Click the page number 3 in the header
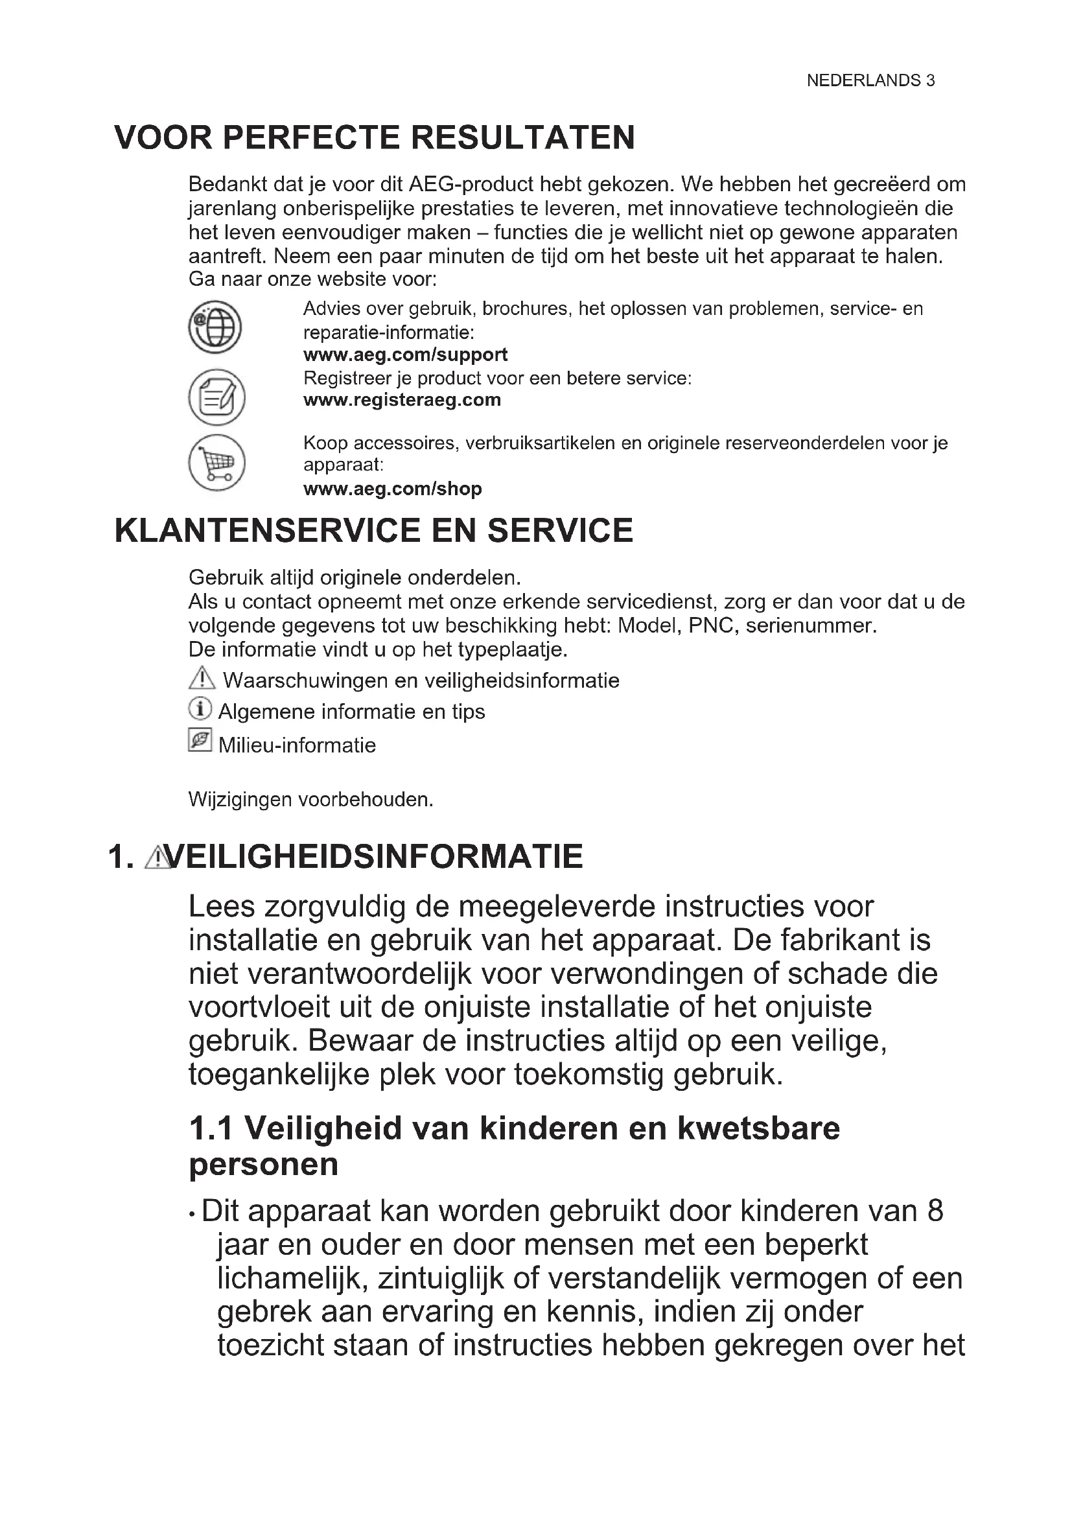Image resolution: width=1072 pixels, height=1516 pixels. tap(930, 80)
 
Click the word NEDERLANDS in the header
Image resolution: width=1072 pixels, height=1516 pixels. tap(863, 80)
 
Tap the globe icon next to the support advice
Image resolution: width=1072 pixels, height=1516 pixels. tap(215, 327)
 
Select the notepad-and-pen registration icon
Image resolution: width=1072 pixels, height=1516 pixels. tap(216, 397)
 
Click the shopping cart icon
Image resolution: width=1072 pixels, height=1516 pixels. tap(216, 462)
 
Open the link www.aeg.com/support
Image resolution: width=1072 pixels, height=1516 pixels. tap(405, 355)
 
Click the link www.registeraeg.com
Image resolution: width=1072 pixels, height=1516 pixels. tap(402, 400)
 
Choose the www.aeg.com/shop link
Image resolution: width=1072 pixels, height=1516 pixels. tap(393, 489)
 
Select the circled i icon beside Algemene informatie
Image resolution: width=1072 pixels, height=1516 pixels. tap(200, 710)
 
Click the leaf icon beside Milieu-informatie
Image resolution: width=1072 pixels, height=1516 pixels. tap(200, 740)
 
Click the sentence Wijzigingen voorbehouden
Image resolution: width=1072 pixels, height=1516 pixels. tap(311, 800)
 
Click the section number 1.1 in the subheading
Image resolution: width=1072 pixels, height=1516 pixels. tap(211, 1128)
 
